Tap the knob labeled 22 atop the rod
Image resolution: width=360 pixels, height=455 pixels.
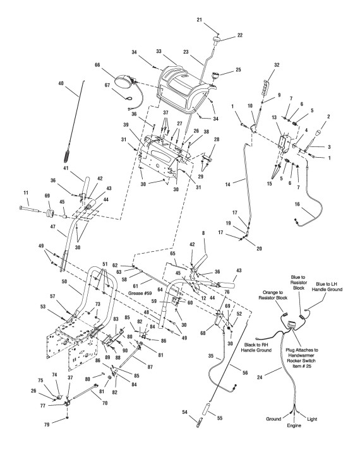point(217,40)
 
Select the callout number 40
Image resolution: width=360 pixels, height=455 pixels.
point(61,83)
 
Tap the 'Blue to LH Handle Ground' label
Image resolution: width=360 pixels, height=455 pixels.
point(329,287)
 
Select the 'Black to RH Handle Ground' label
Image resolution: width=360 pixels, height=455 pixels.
point(256,347)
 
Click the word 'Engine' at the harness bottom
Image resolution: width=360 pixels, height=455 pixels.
point(294,425)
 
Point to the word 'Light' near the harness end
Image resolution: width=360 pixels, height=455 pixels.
point(312,419)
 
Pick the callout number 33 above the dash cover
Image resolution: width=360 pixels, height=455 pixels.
point(159,51)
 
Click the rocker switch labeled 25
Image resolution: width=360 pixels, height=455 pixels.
point(215,75)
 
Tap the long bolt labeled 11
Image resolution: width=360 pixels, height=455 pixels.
point(30,210)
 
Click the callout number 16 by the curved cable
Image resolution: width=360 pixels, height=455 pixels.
point(297,204)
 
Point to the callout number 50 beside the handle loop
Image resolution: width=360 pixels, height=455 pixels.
point(64,281)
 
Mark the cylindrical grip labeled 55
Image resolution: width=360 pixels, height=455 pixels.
point(210,408)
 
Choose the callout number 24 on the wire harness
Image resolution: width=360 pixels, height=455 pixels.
point(260,377)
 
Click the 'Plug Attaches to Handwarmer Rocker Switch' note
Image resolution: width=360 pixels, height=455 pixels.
point(302,358)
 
